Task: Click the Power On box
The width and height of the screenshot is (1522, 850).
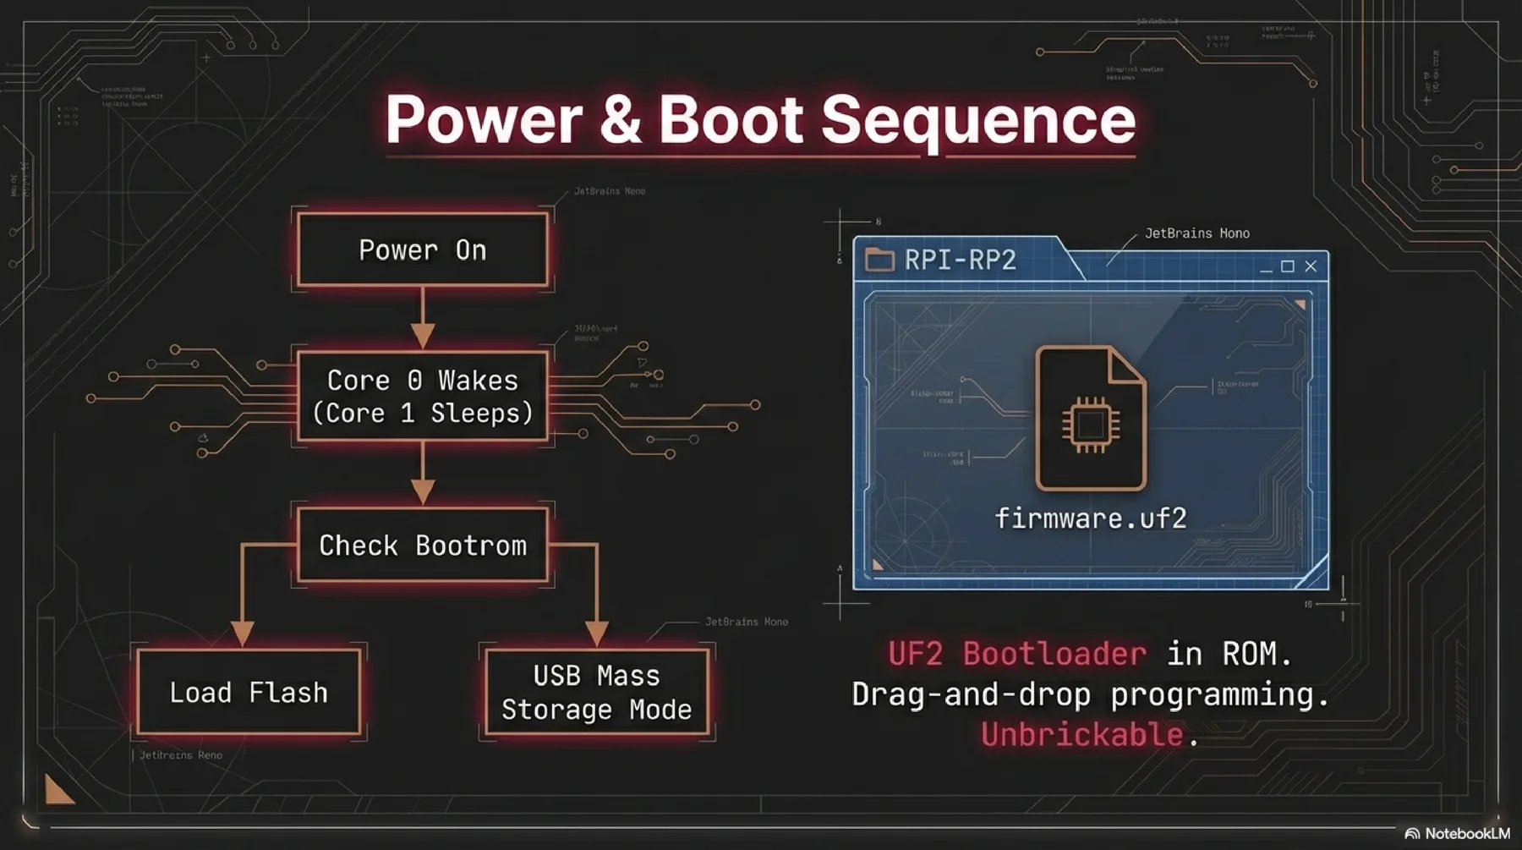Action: (422, 250)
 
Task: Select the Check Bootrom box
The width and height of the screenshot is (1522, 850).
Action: (422, 546)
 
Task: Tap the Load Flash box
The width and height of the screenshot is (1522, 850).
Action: (249, 693)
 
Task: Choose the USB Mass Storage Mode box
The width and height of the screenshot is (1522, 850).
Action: (596, 693)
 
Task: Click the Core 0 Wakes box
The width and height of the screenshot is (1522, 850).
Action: (422, 397)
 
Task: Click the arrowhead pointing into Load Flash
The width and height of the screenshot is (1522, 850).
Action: (243, 632)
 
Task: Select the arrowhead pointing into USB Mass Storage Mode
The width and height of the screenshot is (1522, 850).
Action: (597, 632)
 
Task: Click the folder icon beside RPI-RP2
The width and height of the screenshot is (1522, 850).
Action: (879, 260)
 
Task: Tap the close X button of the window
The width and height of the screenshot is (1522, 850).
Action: (1311, 266)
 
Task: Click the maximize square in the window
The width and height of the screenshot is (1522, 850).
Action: (1288, 266)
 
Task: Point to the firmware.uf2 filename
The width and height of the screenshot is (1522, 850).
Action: (1091, 518)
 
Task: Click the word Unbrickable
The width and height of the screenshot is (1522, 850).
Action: (1081, 734)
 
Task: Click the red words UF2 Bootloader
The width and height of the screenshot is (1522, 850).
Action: (1017, 654)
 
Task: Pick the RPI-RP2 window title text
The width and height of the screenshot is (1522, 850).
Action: (960, 260)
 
